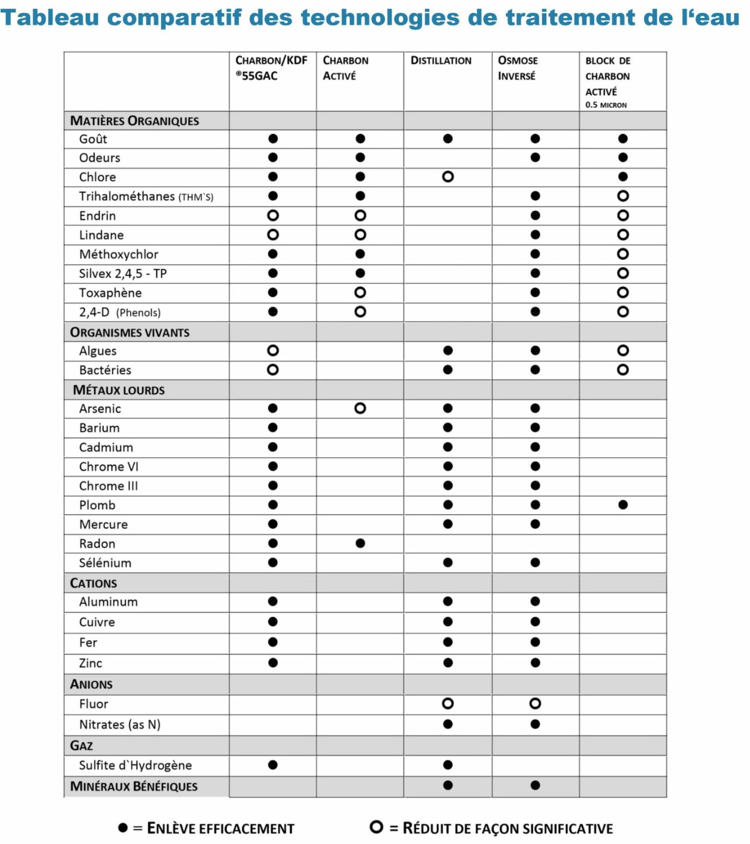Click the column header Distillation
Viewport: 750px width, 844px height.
(441, 61)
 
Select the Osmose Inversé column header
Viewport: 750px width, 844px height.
(517, 68)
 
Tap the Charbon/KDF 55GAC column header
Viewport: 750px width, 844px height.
(271, 68)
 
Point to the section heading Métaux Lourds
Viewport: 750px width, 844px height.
(119, 390)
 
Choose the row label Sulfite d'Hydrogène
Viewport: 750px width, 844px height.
(135, 765)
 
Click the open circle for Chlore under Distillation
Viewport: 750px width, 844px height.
(447, 177)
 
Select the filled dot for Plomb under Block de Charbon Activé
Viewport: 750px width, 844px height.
(622, 505)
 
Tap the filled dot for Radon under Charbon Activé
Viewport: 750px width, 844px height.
(360, 543)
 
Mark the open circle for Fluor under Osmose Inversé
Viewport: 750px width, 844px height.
(535, 703)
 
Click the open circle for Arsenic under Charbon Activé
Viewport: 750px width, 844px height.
(360, 408)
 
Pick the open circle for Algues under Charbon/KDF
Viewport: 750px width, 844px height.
(273, 350)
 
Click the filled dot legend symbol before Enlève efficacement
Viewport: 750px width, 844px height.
(123, 828)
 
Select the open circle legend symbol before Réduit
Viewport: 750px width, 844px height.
(376, 827)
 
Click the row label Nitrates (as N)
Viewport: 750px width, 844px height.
(120, 725)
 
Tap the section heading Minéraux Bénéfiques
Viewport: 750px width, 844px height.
(133, 786)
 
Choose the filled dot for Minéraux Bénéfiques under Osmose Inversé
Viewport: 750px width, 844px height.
(535, 785)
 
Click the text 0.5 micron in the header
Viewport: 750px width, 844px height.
(606, 105)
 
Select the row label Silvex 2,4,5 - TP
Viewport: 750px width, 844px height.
(123, 274)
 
